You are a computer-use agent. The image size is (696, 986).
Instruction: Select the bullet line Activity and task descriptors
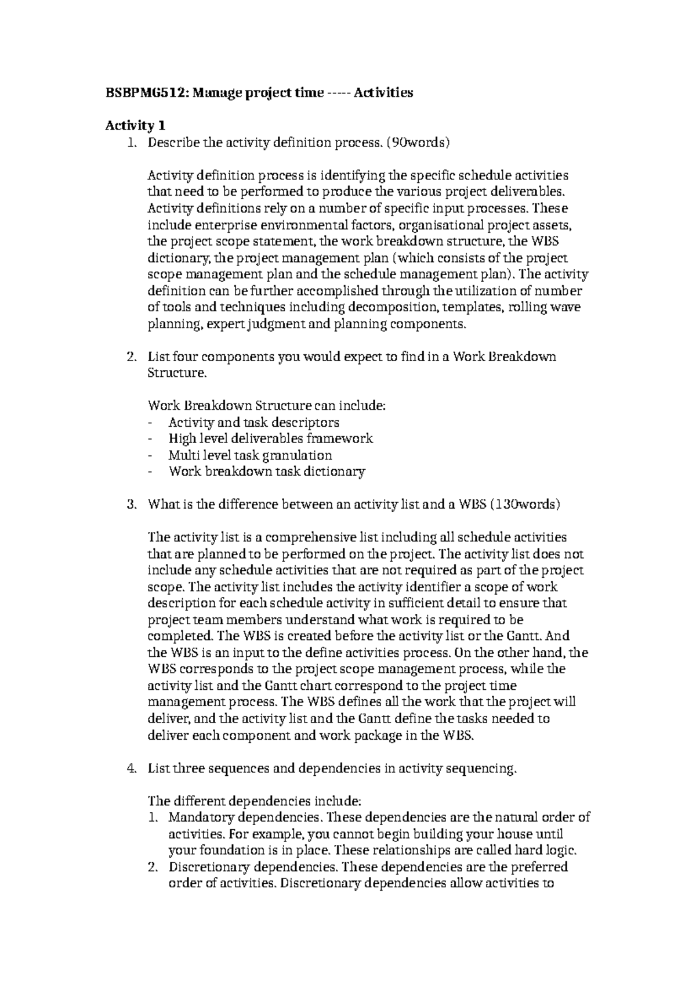[253, 422]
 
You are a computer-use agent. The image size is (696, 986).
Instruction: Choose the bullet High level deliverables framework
[270, 438]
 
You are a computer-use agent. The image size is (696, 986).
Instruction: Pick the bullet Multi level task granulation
[250, 455]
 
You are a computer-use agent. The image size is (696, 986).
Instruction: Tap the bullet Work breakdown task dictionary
[267, 472]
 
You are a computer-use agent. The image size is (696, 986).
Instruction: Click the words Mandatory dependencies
[244, 818]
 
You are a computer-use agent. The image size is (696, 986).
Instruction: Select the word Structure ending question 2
[176, 373]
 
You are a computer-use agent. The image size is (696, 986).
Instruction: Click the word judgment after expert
[277, 324]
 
